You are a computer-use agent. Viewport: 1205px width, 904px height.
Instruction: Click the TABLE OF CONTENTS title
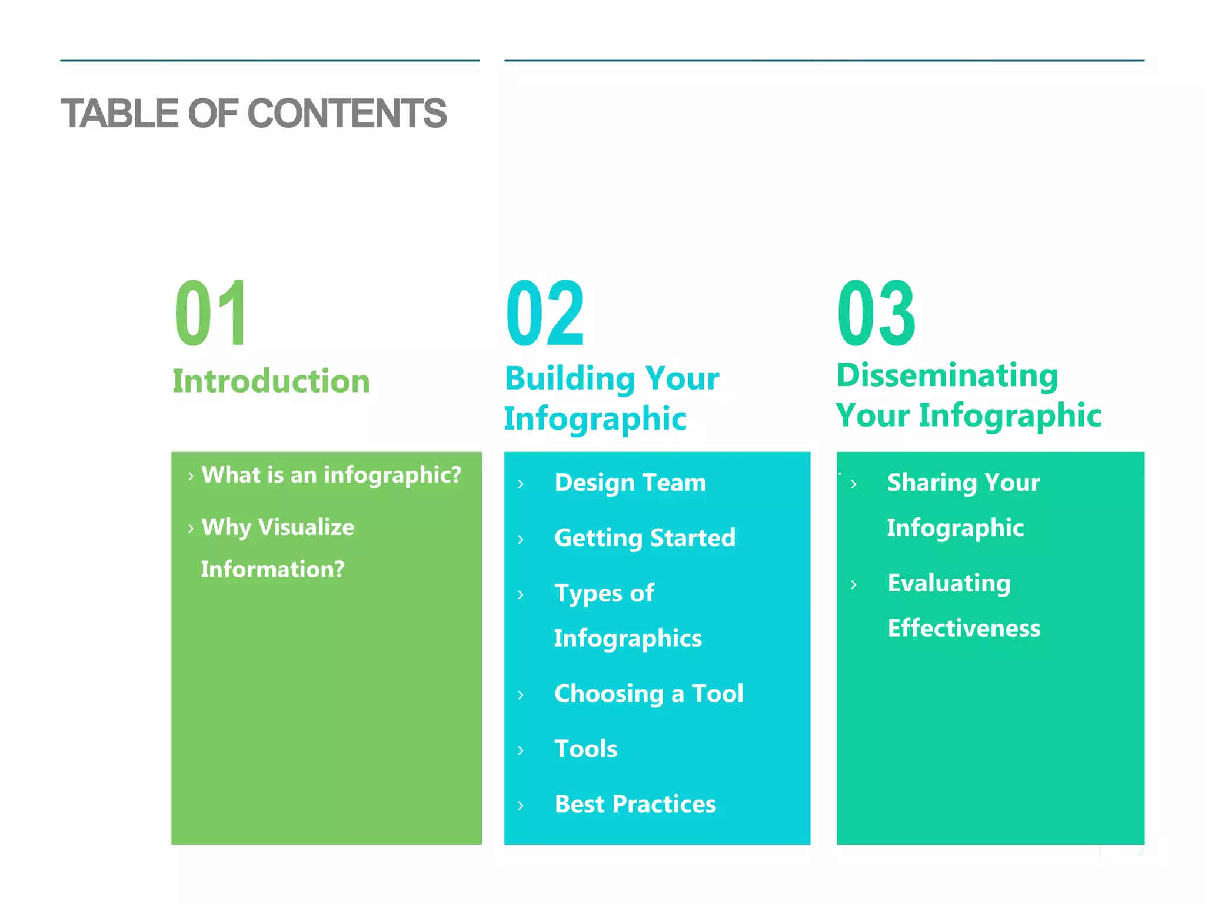[x=254, y=114]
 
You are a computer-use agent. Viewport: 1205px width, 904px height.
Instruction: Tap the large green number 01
[x=211, y=314]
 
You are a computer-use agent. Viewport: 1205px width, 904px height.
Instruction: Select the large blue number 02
[x=545, y=314]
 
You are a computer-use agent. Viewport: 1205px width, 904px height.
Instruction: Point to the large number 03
[x=876, y=314]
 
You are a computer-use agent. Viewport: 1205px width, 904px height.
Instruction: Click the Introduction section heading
[x=271, y=381]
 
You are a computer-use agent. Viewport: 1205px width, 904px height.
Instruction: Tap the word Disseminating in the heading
[x=947, y=375]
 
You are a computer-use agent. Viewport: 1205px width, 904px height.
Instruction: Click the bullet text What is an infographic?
[x=331, y=474]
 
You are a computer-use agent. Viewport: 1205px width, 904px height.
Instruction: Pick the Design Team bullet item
[x=630, y=483]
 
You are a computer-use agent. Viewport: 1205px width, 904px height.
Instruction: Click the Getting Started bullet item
[x=645, y=538]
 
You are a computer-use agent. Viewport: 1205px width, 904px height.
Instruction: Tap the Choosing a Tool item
[x=649, y=693]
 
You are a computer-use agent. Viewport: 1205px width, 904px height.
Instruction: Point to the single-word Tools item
[x=586, y=749]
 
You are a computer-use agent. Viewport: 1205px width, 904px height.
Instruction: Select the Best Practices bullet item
[x=635, y=804]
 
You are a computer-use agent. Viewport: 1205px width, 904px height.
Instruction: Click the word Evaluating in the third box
[x=949, y=583]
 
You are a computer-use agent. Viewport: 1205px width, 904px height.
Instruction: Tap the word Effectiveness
[x=964, y=628]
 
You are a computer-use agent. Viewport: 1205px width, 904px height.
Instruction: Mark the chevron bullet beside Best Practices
[x=521, y=805]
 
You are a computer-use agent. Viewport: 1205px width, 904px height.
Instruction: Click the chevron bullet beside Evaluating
[x=854, y=584]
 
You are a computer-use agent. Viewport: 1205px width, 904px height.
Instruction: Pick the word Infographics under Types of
[x=628, y=639]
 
